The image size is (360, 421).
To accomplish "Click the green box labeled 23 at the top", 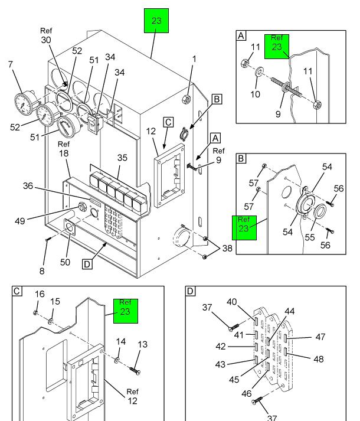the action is click(x=156, y=21).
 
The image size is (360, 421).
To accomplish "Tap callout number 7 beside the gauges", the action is click(x=11, y=64).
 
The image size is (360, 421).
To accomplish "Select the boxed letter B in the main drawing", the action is click(x=217, y=99).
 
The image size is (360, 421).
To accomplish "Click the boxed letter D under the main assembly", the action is click(x=87, y=264).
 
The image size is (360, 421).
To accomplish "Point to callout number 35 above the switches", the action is click(x=122, y=158).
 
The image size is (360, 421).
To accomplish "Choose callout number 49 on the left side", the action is click(x=19, y=221).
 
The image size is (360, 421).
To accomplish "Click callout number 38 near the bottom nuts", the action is click(x=227, y=249).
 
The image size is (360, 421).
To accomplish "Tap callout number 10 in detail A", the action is click(x=256, y=94).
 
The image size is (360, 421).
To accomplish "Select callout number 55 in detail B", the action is click(x=309, y=237).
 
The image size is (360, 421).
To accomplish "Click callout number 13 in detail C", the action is click(x=142, y=344).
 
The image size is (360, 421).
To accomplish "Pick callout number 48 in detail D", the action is click(x=318, y=359).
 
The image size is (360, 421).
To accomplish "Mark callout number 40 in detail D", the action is click(x=232, y=302).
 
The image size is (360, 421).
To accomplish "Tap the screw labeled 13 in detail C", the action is click(x=135, y=371).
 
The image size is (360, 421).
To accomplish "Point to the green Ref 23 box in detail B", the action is click(x=244, y=228).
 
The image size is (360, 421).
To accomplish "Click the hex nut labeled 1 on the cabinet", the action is click(x=187, y=99).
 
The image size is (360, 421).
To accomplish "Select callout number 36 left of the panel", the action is click(x=28, y=186).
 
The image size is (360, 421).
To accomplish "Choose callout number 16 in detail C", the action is click(x=40, y=294).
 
